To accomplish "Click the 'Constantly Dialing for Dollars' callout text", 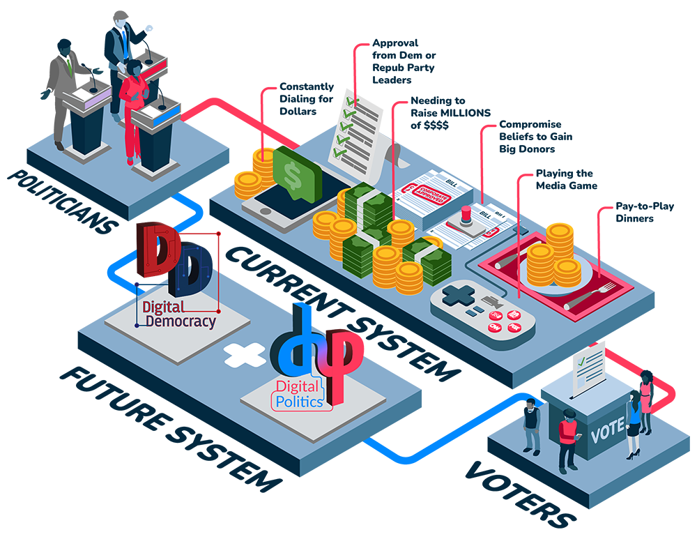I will [x=306, y=99].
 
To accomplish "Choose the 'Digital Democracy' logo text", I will [x=178, y=314].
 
